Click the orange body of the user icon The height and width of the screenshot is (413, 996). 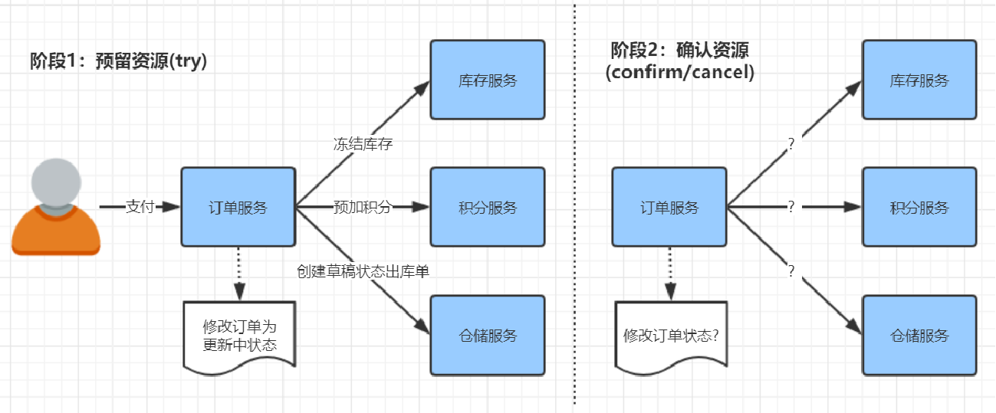(x=56, y=234)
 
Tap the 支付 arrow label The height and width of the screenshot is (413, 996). (x=140, y=207)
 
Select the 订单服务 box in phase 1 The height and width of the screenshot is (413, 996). (x=238, y=207)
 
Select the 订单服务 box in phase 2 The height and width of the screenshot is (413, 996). (x=669, y=207)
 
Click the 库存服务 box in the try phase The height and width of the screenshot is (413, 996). (x=488, y=80)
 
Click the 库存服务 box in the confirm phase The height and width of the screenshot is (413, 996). (x=919, y=80)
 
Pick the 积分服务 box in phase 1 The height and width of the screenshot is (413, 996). (x=488, y=207)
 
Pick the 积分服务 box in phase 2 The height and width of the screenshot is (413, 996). (x=919, y=207)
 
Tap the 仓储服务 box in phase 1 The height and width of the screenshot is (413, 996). (x=488, y=335)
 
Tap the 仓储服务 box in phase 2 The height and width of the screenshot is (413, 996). (x=919, y=335)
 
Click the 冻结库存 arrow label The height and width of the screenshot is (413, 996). (x=363, y=144)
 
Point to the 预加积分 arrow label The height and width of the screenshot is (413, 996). (x=362, y=207)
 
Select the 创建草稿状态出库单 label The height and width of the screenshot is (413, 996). (x=367, y=270)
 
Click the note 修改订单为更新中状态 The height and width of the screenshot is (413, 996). (x=239, y=336)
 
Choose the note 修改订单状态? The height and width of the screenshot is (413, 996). (x=671, y=336)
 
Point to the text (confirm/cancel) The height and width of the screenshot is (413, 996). (x=679, y=73)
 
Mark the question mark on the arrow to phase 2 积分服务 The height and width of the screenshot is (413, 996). (x=791, y=207)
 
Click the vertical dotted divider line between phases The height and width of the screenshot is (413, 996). (x=574, y=230)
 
